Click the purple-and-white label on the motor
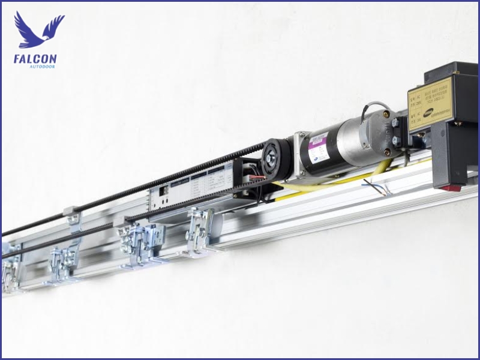click(x=319, y=151)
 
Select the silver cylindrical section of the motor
click(x=354, y=141)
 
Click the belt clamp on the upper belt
click(x=72, y=214)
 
